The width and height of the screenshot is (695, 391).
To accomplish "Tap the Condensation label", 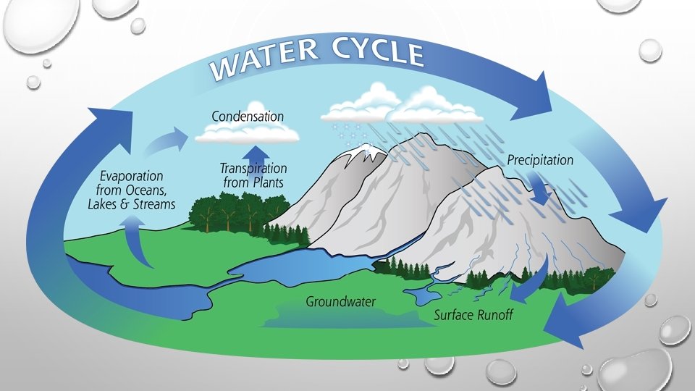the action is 248,116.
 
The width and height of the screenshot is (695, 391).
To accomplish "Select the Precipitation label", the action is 539,159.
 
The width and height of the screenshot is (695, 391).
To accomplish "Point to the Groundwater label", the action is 340,301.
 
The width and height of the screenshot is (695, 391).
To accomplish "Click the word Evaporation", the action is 132,176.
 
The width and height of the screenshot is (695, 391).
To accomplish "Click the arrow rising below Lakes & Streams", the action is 138,243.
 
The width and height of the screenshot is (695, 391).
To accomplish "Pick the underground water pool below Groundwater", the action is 340,316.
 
